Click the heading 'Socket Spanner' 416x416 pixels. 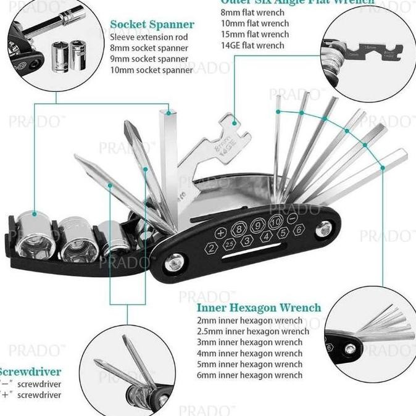pyautogui.click(x=152, y=25)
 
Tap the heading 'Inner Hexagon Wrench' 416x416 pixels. pyautogui.click(x=259, y=307)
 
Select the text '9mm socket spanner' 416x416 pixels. pyautogui.click(x=148, y=59)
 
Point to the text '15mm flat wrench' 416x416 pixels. pyautogui.click(x=254, y=34)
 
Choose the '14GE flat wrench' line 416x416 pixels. pyautogui.click(x=252, y=45)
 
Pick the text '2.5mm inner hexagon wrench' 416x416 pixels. pyautogui.click(x=253, y=331)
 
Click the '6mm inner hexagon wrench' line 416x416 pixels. pyautogui.click(x=249, y=375)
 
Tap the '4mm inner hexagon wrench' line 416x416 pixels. pyautogui.click(x=249, y=353)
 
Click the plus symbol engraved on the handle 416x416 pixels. pyautogui.click(x=220, y=233)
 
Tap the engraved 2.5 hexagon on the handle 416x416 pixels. pyautogui.click(x=230, y=246)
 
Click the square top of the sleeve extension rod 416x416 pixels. pyautogui.click(x=168, y=112)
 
